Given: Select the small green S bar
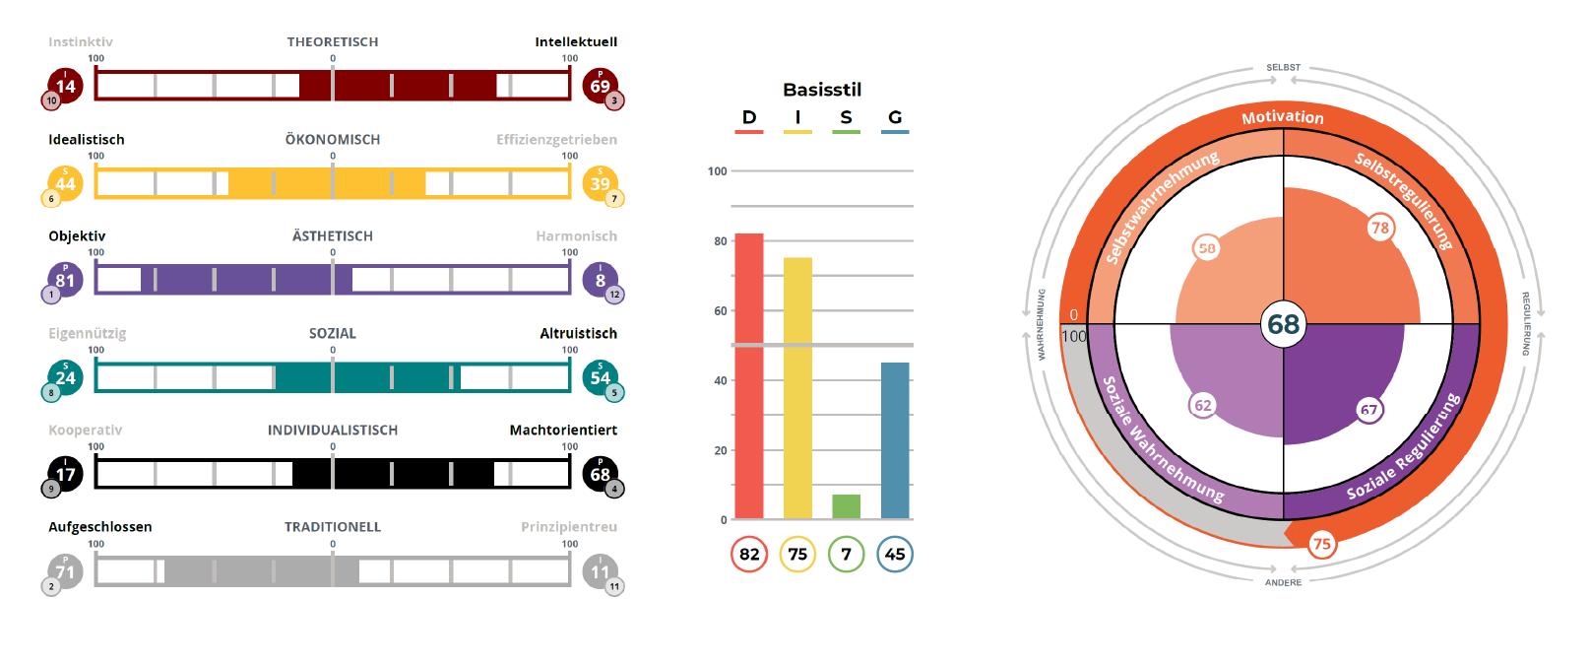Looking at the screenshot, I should (846, 506).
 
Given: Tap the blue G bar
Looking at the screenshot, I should (895, 440).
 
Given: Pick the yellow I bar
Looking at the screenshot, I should (797, 388).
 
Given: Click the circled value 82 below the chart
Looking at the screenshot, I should (749, 555).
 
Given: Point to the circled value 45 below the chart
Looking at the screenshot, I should (895, 555).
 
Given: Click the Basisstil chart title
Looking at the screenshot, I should (822, 90).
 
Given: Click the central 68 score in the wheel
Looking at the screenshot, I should (1284, 324).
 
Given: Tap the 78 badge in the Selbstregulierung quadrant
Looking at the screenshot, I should (1380, 229).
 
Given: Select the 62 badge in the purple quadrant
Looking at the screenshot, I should (1203, 405).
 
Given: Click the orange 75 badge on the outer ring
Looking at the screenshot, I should (1321, 544).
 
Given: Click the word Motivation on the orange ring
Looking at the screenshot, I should (1283, 117).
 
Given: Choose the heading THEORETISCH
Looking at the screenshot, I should (333, 42).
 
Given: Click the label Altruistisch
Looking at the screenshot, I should (578, 334).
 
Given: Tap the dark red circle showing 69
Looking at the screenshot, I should (600, 86).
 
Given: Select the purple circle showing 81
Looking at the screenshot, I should (65, 280).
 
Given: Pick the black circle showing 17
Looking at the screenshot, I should (65, 474).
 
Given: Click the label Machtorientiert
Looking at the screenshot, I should (563, 431).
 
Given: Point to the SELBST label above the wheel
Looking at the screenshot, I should (1283, 68).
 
